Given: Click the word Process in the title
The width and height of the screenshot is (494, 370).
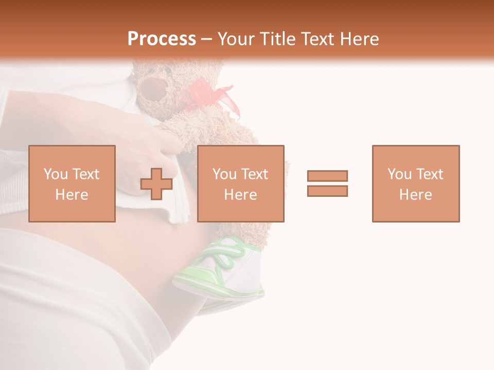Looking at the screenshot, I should click(x=162, y=39).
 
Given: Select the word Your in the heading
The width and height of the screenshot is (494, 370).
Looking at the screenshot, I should click(x=235, y=39).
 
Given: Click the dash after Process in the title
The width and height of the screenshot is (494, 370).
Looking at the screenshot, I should click(x=206, y=40).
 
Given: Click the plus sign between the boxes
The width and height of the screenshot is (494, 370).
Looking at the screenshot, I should click(x=156, y=183).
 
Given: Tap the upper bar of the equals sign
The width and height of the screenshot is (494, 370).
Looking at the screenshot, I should click(x=327, y=176).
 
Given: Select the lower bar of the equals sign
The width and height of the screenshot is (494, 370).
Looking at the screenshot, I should click(x=327, y=191).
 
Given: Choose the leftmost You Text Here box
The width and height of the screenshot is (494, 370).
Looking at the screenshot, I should click(x=72, y=183).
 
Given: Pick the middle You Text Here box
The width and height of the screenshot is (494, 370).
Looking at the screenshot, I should click(x=241, y=183).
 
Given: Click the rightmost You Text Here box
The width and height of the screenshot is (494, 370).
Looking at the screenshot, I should click(x=416, y=183).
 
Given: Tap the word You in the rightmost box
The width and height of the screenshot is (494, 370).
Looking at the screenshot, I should click(x=399, y=174).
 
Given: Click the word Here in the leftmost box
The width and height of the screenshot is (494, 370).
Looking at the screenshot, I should click(x=72, y=195).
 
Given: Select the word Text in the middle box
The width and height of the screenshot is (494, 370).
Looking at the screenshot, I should click(x=254, y=174).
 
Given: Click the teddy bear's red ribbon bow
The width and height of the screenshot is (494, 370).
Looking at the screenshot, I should click(x=216, y=98).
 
